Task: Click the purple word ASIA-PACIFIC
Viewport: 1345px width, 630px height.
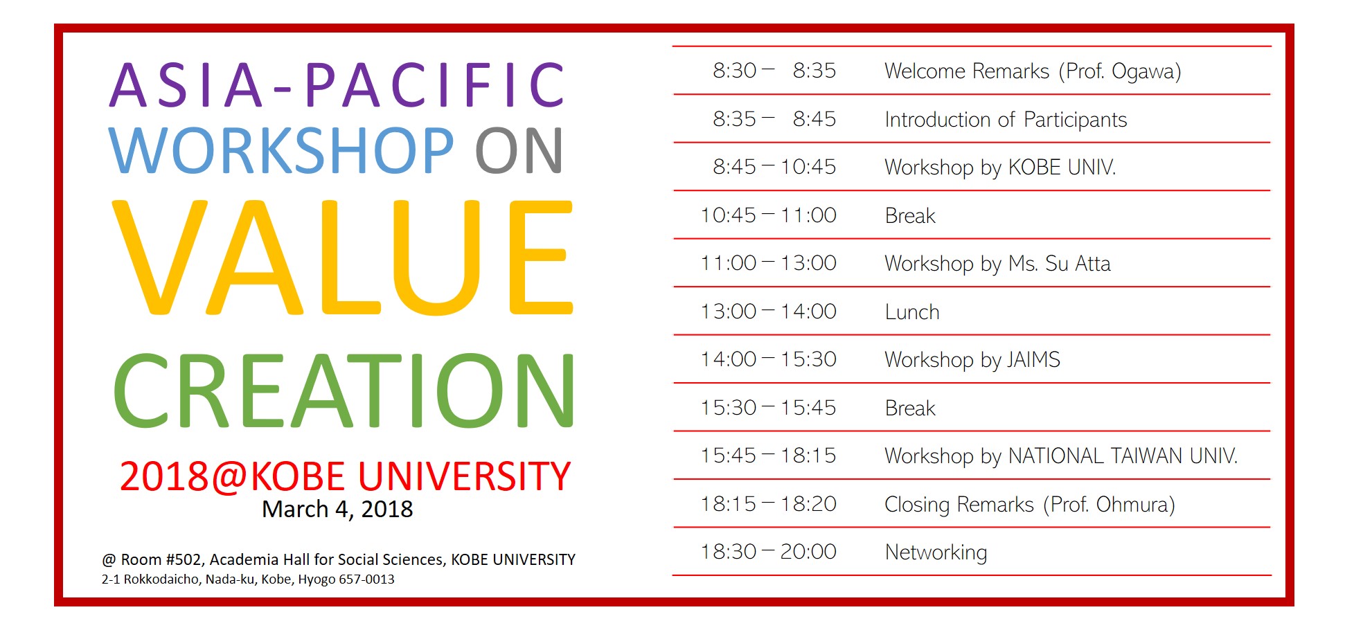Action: click(337, 85)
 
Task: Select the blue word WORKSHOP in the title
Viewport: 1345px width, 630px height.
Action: click(281, 150)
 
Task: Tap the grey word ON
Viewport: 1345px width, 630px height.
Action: click(519, 150)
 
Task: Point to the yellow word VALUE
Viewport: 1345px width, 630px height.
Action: click(342, 257)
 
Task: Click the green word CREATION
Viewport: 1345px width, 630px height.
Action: click(344, 390)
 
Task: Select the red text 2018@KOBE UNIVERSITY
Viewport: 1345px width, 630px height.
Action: click(345, 476)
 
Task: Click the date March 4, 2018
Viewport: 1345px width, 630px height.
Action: click(337, 510)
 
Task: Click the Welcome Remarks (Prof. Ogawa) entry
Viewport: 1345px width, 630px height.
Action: click(1033, 71)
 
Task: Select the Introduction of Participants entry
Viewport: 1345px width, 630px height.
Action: click(1006, 120)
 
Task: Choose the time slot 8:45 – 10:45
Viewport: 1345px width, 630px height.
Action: click(774, 167)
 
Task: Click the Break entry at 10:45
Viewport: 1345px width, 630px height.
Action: click(910, 216)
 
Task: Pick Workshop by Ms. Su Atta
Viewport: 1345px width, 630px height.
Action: click(997, 264)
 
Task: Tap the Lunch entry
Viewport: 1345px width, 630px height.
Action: click(912, 312)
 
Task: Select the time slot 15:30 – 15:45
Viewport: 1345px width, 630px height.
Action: click(768, 408)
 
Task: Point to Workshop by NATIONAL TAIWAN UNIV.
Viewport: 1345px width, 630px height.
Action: click(1061, 456)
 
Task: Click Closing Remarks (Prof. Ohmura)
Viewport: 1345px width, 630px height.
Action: click(1030, 505)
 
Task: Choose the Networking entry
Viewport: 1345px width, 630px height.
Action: click(936, 552)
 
